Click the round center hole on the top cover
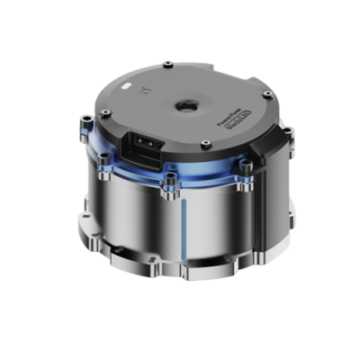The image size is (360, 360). pos(187,105)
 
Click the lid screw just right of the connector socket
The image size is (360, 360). pos(206,144)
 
